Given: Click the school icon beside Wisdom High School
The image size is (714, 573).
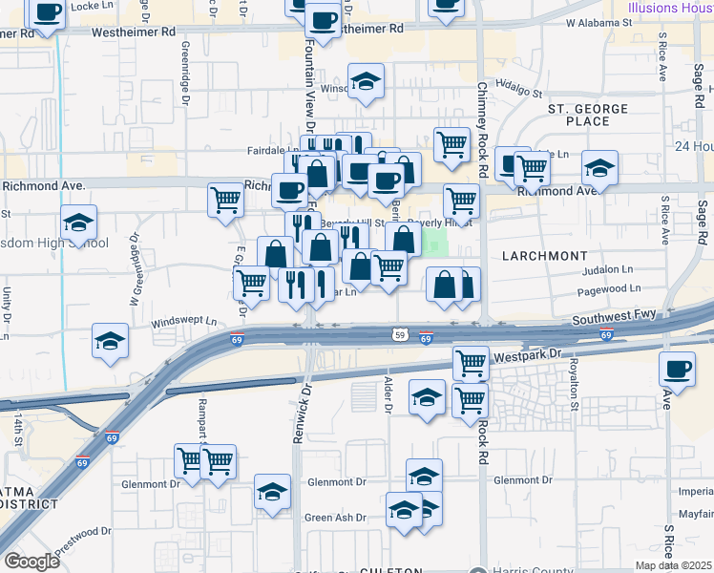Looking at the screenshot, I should coord(79,224).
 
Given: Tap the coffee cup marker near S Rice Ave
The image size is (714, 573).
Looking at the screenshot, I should coord(678,370).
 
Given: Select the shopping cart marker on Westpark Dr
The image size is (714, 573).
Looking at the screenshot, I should coord(471,364).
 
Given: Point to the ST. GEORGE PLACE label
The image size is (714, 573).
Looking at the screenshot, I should coord(591,116).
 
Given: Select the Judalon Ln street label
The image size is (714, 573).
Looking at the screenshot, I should coord(606,270).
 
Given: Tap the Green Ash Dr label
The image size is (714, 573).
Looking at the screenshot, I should coord(335,518).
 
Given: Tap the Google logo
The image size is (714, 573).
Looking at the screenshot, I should coord(31,561).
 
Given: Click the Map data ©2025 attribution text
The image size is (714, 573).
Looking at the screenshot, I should coord(672,565).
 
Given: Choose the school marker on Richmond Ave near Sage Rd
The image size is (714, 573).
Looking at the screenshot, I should coord(600,169).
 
